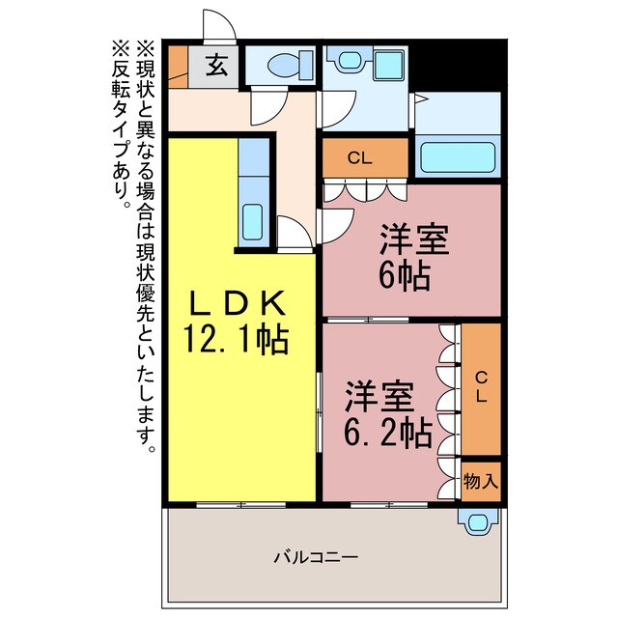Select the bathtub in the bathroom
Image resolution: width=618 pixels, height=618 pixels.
pos(459,156)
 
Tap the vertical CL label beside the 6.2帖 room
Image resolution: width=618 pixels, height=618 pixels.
pos(481,388)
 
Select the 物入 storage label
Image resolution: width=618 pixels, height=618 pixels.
pos(481,480)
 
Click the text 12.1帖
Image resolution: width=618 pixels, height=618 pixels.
pos(237,340)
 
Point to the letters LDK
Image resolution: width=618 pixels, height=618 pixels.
pos(237,304)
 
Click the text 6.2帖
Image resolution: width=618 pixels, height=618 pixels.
pos(388,432)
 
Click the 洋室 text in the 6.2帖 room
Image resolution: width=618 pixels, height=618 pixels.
pos(380,396)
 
